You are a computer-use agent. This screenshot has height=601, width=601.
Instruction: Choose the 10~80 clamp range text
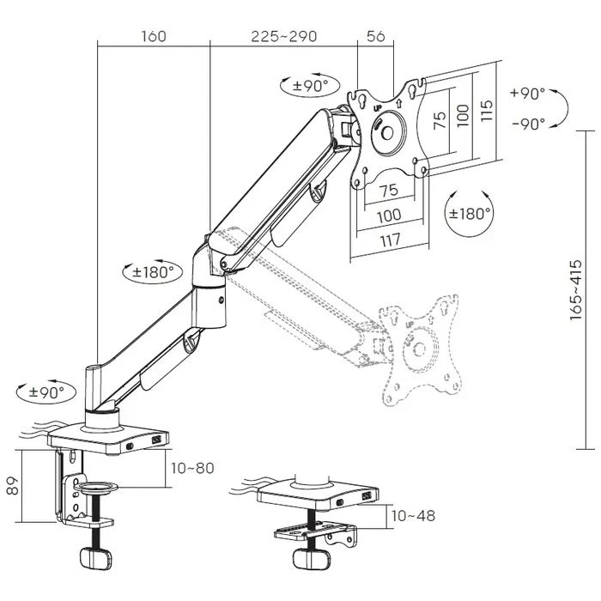pos(192,468)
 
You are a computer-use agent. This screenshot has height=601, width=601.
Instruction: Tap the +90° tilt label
pos(527,93)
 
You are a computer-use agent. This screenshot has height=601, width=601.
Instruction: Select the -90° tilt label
pos(527,123)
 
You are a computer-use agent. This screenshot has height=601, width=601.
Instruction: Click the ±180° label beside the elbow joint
pos(152,272)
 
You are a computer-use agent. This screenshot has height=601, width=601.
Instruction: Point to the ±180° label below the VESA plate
pos(469,213)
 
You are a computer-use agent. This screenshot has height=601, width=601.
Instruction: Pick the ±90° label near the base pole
pos(41,392)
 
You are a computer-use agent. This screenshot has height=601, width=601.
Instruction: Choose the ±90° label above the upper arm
pos(306,85)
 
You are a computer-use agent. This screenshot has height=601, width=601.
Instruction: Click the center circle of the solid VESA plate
pos(389,131)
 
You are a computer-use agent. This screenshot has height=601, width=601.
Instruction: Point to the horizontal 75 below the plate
pos(388,191)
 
